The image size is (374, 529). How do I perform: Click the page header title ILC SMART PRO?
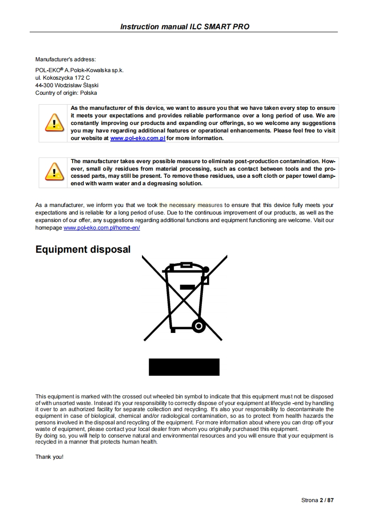pos(184,26)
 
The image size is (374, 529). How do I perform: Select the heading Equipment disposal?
pos(83,249)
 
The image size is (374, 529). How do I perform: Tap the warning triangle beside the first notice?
pos(54,123)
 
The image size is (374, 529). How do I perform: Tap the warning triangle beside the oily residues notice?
pos(54,172)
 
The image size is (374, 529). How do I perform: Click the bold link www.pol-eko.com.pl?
pos(137,139)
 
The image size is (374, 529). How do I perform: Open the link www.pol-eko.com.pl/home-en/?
pos(101,228)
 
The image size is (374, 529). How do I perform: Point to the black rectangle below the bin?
pos(184,367)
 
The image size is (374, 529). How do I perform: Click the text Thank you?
pos(49,457)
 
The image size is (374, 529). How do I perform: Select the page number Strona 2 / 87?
pos(317,500)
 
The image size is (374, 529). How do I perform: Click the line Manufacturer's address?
pos(66,59)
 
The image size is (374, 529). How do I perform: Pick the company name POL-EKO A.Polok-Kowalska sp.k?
pos(79,70)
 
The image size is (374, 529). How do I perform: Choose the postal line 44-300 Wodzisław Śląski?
pos(67,85)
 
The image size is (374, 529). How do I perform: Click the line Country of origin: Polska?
pos(66,93)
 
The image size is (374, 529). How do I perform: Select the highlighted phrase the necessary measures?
pos(191,205)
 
